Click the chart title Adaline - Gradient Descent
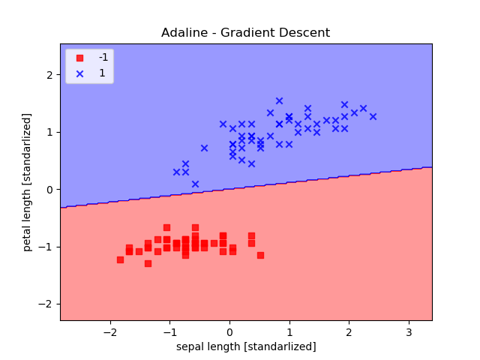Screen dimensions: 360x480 pyautogui.click(x=245, y=33)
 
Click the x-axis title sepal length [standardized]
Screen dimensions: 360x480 pyautogui.click(x=246, y=346)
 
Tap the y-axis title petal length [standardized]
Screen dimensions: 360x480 pyautogui.click(x=27, y=181)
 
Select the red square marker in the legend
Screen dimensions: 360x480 pyautogui.click(x=79, y=58)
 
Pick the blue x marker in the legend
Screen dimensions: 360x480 pyautogui.click(x=79, y=73)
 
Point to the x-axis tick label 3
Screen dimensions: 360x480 pyautogui.click(x=409, y=332)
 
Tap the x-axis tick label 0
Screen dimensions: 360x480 pyautogui.click(x=229, y=332)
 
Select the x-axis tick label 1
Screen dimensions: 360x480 pyautogui.click(x=289, y=332)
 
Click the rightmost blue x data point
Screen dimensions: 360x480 pyautogui.click(x=373, y=116)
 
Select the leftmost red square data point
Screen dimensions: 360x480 pyautogui.click(x=120, y=259)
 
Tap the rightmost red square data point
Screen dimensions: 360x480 pyautogui.click(x=260, y=255)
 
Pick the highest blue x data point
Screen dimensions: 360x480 pyautogui.click(x=279, y=100)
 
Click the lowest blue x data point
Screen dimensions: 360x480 pyautogui.click(x=195, y=184)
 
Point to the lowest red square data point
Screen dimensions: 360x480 pyautogui.click(x=148, y=263)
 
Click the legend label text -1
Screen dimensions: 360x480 pyautogui.click(x=103, y=58)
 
